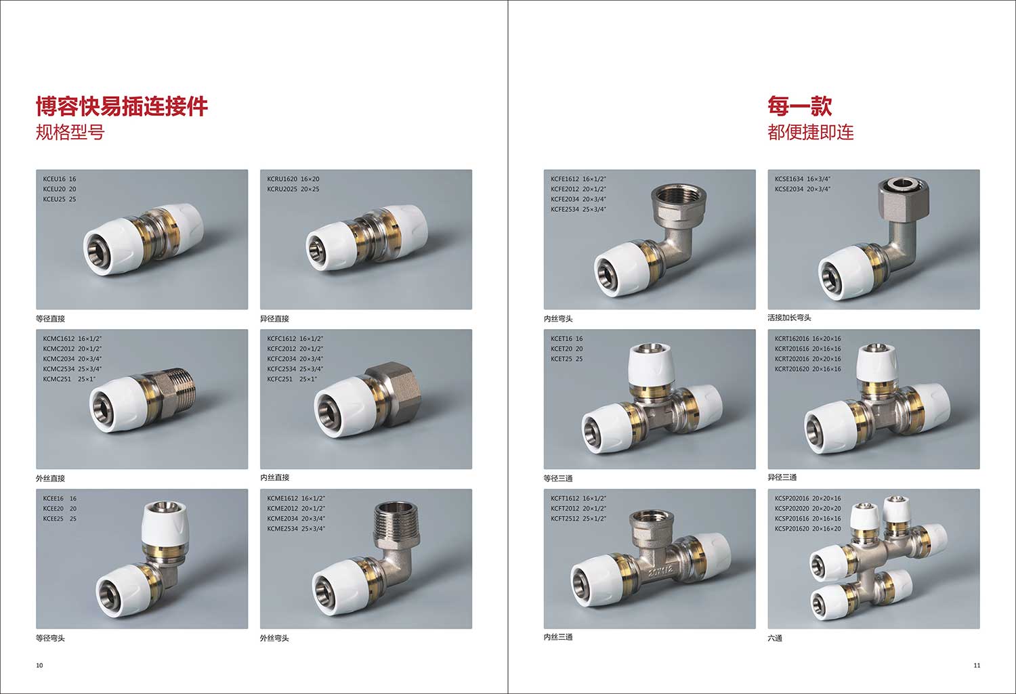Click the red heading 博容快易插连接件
click(121, 106)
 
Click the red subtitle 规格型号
click(70, 132)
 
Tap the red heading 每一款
click(800, 106)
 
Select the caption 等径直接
click(50, 319)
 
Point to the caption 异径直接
click(274, 319)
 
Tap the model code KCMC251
click(57, 379)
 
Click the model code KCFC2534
click(282, 369)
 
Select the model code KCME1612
click(282, 498)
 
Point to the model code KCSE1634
click(789, 179)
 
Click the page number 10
click(39, 666)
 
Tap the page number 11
click(977, 666)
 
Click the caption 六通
click(775, 638)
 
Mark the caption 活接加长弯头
click(789, 318)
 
